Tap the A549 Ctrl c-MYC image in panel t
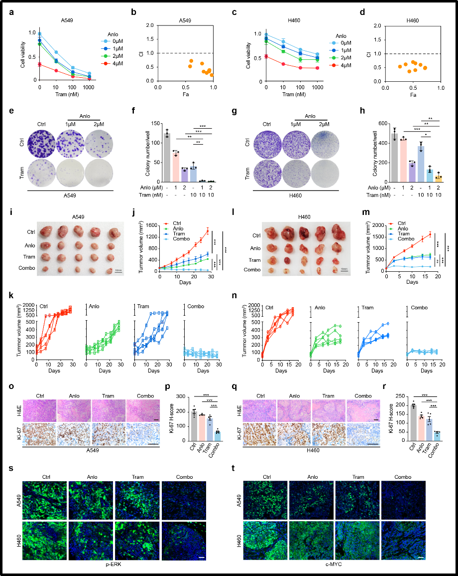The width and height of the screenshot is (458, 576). [272, 499]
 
